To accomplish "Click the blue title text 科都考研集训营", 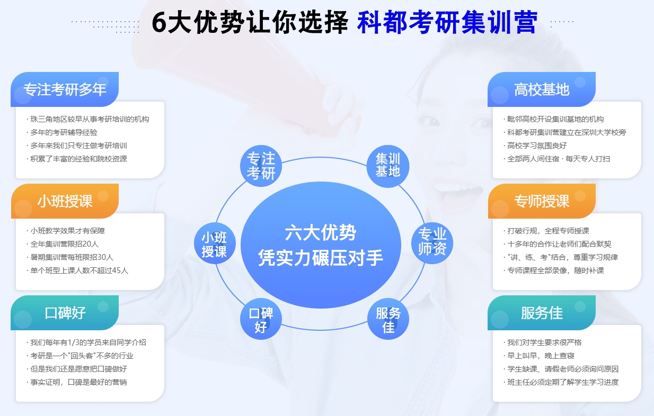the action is point(447,22).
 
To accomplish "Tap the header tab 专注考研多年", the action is point(65,89).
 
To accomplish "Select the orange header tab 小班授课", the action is point(65,201).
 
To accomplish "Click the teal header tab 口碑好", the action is point(65,312).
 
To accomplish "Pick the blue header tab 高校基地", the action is point(542,89).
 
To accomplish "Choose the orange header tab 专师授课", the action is point(542,201).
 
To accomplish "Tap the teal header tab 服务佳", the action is point(542,312).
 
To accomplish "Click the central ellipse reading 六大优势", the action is point(321,245).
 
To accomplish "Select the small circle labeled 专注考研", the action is point(261,166).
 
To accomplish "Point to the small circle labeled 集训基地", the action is point(388,166).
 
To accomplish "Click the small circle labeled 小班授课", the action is point(215,243).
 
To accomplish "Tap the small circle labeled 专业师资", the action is point(432,243).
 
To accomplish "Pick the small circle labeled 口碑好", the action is point(261,319).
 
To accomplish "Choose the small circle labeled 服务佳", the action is point(388,319).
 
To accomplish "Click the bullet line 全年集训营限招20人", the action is point(63,244).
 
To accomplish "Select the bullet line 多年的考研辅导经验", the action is point(62,132).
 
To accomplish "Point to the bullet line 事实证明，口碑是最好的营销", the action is point(77,382).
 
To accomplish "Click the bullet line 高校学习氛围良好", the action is point(535,146).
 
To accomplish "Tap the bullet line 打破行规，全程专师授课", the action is point(546,231).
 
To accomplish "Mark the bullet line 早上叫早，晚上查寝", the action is point(539,356).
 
